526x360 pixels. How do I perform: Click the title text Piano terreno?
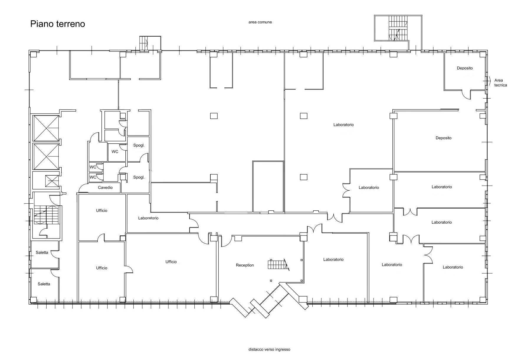(x=58, y=24)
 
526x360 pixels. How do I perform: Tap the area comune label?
(x=260, y=22)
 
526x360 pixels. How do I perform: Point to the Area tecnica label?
(x=501, y=83)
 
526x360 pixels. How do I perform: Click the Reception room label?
(x=245, y=265)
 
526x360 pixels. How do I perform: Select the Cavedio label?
(x=105, y=188)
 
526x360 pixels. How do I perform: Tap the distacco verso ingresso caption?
(x=269, y=349)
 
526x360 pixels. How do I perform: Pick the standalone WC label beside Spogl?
(x=115, y=152)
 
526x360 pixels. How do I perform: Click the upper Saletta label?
(x=42, y=253)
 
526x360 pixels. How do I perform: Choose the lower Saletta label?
(x=44, y=284)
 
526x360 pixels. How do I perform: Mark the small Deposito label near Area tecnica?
(x=465, y=68)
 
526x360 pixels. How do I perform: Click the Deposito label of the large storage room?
(x=443, y=138)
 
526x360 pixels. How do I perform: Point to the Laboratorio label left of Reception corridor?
(x=148, y=218)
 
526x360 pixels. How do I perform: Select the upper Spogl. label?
(x=139, y=145)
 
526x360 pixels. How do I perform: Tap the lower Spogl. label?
(x=139, y=177)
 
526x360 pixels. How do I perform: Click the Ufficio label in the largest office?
(x=171, y=262)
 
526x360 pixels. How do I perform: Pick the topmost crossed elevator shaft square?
(x=46, y=128)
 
